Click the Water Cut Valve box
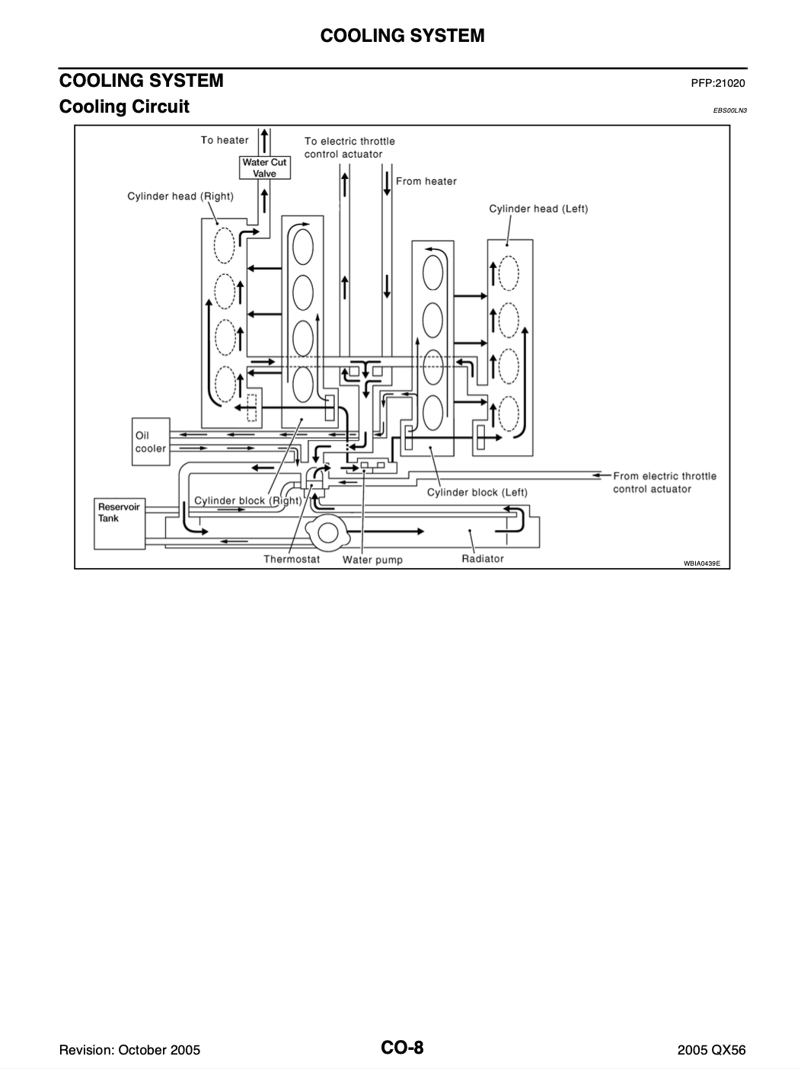[x=264, y=168]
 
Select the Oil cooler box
[x=151, y=442]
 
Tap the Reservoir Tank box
[x=120, y=524]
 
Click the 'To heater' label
[x=225, y=140]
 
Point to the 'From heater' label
[x=426, y=181]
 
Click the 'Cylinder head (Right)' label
[x=180, y=196]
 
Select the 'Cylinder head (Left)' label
[x=538, y=209]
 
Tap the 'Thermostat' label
[x=292, y=559]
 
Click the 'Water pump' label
[x=372, y=560]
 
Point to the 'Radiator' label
[x=483, y=559]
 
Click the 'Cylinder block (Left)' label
[x=477, y=493]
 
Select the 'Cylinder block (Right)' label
[x=248, y=501]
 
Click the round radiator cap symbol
[x=327, y=533]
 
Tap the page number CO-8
[x=402, y=1047]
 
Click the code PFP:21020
[x=718, y=83]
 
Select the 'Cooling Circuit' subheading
[x=124, y=107]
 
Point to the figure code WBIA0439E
[x=702, y=563]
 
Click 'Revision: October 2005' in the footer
[x=129, y=1049]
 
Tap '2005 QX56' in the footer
[x=711, y=1049]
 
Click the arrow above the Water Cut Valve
[x=264, y=141]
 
